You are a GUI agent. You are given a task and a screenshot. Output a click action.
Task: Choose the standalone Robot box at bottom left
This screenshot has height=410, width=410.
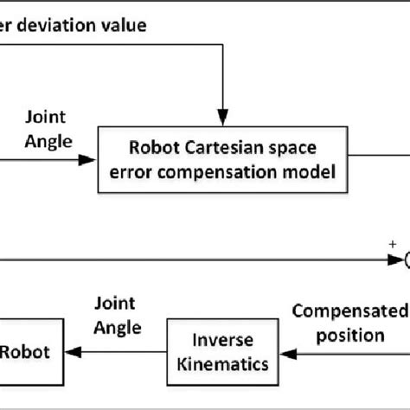29,349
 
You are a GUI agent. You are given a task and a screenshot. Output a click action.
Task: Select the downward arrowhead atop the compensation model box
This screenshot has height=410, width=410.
225,117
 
